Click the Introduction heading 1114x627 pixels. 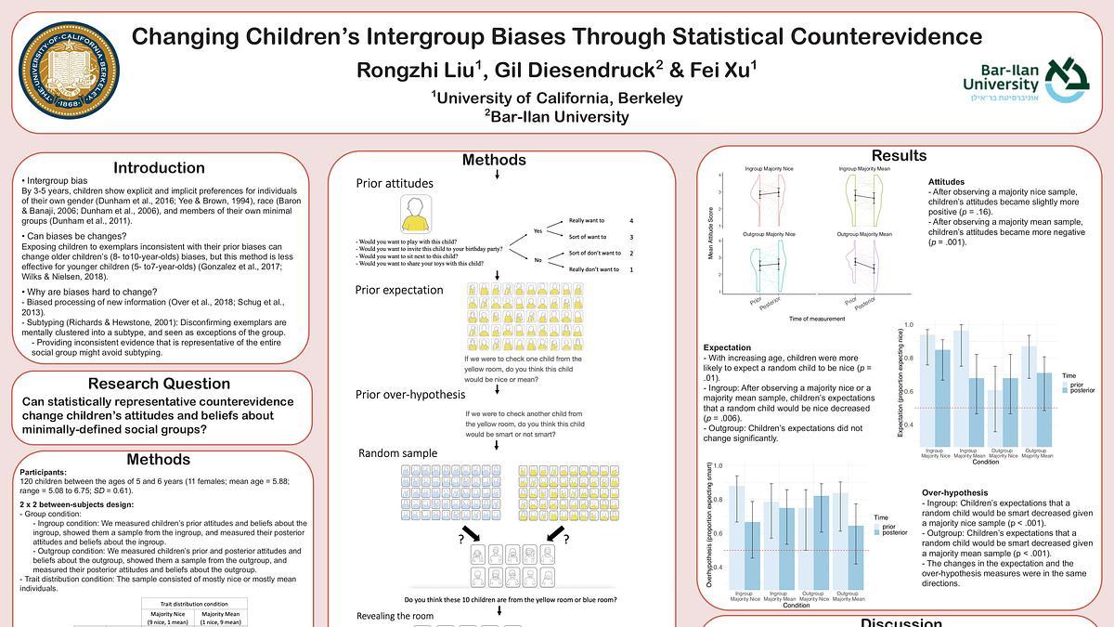(159, 168)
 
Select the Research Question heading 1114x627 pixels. (159, 384)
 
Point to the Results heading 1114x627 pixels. (899, 155)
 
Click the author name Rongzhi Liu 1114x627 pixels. (421, 71)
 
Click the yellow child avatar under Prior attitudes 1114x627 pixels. (416, 215)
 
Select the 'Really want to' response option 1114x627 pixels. (587, 221)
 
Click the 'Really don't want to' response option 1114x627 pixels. (593, 269)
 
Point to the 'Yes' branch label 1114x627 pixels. (538, 230)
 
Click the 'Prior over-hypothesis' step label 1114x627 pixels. (410, 395)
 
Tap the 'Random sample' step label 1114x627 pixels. (397, 452)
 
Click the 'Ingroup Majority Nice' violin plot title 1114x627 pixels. (770, 169)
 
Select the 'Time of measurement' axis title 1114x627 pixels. (817, 319)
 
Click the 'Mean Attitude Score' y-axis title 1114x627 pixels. (711, 232)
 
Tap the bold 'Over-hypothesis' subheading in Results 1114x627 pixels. (954, 492)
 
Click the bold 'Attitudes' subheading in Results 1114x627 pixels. (946, 182)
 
